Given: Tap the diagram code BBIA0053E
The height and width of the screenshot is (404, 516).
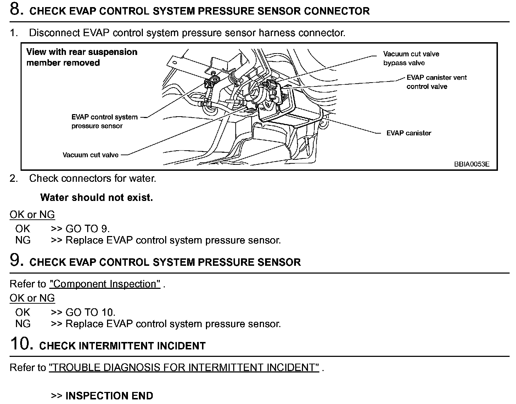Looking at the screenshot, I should [471, 164].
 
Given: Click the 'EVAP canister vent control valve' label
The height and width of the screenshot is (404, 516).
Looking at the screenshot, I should [436, 82].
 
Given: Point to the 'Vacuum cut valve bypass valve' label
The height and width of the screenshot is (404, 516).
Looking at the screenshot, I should [411, 58].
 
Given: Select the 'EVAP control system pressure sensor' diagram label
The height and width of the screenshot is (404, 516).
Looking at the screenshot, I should [104, 122].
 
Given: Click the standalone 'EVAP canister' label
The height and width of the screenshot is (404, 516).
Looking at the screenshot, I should [409, 133].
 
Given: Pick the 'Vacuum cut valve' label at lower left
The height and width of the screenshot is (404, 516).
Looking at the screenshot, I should [90, 155].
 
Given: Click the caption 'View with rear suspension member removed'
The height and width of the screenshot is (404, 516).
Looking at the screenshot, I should [82, 57].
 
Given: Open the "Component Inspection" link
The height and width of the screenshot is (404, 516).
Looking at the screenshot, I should [105, 284].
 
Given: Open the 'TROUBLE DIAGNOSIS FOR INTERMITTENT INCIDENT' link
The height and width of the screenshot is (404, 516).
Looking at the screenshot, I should [184, 367].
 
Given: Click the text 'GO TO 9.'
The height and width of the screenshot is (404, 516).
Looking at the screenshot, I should [88, 229].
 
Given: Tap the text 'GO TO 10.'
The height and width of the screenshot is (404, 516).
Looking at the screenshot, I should [90, 312].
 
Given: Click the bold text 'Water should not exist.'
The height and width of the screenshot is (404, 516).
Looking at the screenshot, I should [96, 197].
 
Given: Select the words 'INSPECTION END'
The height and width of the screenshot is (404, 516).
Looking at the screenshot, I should [109, 395].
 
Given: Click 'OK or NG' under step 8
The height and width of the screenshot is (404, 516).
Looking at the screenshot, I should [32, 215].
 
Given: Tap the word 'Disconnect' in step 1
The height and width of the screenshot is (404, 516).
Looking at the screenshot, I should [54, 33].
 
